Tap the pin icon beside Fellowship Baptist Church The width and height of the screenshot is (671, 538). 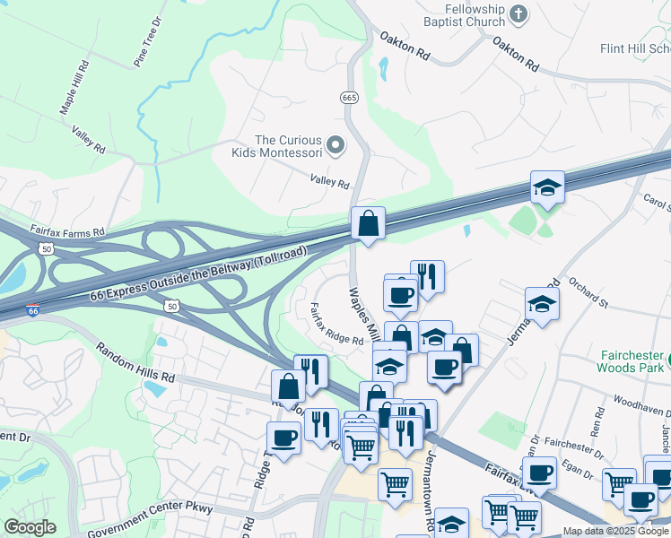coord(518,13)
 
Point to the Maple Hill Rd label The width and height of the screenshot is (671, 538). coord(75,87)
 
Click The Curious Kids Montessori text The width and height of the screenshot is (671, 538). coord(288,147)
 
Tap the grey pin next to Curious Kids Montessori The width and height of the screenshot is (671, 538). coord(335,144)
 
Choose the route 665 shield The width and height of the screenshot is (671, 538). coord(350,97)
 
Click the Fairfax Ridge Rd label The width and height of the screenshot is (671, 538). coord(336,324)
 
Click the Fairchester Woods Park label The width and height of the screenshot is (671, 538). coord(632,360)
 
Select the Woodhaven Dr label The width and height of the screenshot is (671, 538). coord(638,403)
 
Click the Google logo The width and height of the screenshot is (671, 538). coord(30,527)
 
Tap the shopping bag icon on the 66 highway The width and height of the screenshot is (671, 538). coord(368,222)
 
